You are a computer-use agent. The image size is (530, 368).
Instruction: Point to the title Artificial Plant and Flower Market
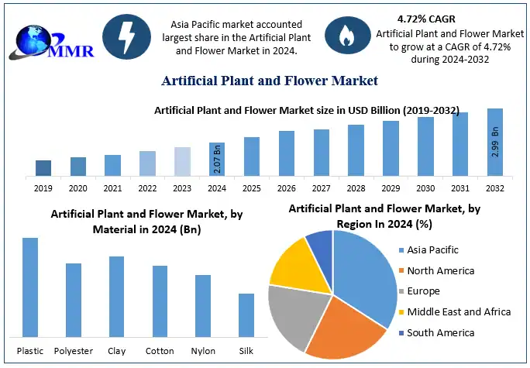click(269, 81)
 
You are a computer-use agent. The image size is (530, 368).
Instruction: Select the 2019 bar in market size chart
click(43, 167)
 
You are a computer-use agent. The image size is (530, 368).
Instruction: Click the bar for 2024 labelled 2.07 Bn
click(217, 159)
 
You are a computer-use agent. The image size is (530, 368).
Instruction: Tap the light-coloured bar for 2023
click(182, 161)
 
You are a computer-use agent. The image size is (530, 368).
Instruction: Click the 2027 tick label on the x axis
click(322, 188)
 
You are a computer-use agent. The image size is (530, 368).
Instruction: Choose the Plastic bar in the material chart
click(30, 287)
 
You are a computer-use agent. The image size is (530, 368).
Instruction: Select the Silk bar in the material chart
click(246, 315)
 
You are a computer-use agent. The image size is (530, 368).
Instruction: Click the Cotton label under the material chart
click(160, 351)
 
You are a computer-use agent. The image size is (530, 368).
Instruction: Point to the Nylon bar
click(203, 305)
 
